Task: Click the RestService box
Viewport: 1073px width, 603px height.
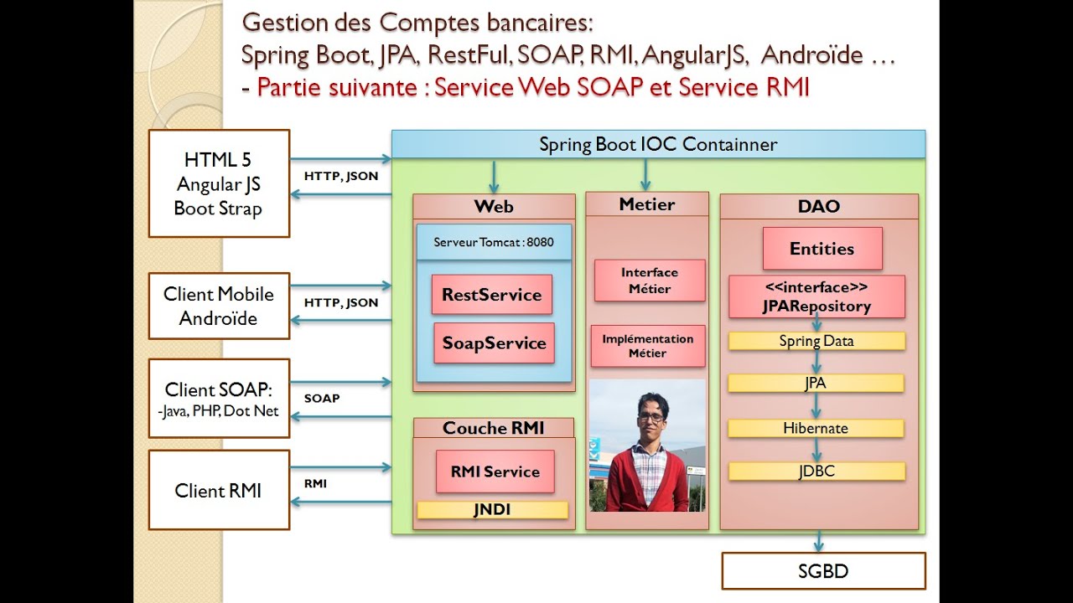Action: click(x=492, y=294)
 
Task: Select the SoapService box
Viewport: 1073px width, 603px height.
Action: click(x=494, y=343)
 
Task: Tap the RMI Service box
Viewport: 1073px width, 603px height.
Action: click(x=495, y=472)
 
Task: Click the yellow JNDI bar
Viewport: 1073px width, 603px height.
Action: click(x=492, y=510)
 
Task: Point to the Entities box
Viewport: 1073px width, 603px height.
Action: click(x=822, y=249)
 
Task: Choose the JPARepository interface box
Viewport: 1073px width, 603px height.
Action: click(x=816, y=296)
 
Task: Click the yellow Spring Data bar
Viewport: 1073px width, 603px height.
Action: click(x=816, y=341)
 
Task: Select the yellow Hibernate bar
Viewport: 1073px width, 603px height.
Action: click(x=816, y=428)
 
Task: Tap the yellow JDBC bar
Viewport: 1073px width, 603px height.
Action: click(x=816, y=472)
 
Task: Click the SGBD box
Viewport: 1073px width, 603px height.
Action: click(x=823, y=571)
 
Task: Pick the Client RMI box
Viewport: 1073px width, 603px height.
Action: click(x=219, y=490)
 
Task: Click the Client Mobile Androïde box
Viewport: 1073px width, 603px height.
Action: click(x=219, y=306)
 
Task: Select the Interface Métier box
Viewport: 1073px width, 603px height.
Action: click(x=650, y=281)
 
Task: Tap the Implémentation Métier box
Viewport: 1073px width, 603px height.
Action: click(x=648, y=346)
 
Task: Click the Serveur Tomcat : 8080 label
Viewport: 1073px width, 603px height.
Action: click(x=494, y=242)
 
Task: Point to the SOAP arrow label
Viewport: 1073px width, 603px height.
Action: click(x=322, y=398)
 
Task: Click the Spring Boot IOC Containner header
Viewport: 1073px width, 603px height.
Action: click(x=658, y=144)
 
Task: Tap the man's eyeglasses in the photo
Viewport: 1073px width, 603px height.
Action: click(x=651, y=417)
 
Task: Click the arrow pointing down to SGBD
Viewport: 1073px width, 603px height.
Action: click(x=819, y=541)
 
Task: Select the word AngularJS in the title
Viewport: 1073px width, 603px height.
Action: click(x=694, y=55)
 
